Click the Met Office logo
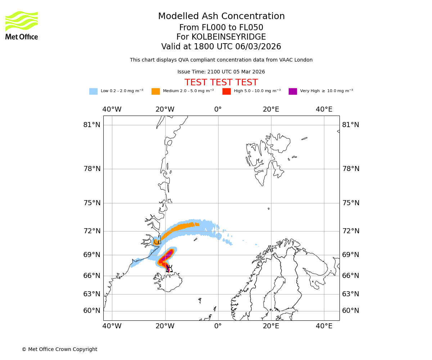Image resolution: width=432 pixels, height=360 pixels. click(22, 25)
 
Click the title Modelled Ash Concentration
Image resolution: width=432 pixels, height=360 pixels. click(221, 17)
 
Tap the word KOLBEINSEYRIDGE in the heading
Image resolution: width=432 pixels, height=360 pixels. click(229, 37)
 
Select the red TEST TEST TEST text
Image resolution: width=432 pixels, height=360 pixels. click(221, 83)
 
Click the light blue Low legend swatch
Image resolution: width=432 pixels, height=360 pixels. click(93, 91)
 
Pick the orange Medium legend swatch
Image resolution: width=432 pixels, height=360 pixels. click(156, 91)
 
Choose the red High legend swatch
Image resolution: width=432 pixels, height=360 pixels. click(226, 91)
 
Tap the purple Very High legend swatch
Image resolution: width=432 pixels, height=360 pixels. click(293, 91)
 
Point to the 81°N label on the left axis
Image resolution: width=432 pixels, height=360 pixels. click(92, 125)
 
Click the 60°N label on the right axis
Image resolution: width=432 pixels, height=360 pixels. click(350, 311)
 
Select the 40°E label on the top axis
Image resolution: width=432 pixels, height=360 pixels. click(324, 109)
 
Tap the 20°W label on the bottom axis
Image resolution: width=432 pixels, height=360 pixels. click(165, 327)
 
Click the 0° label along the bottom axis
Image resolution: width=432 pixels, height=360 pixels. click(218, 327)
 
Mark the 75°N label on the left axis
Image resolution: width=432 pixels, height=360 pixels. click(92, 203)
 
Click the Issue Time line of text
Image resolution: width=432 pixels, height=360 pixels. click(221, 72)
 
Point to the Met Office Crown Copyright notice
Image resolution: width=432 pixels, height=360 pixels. click(59, 350)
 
